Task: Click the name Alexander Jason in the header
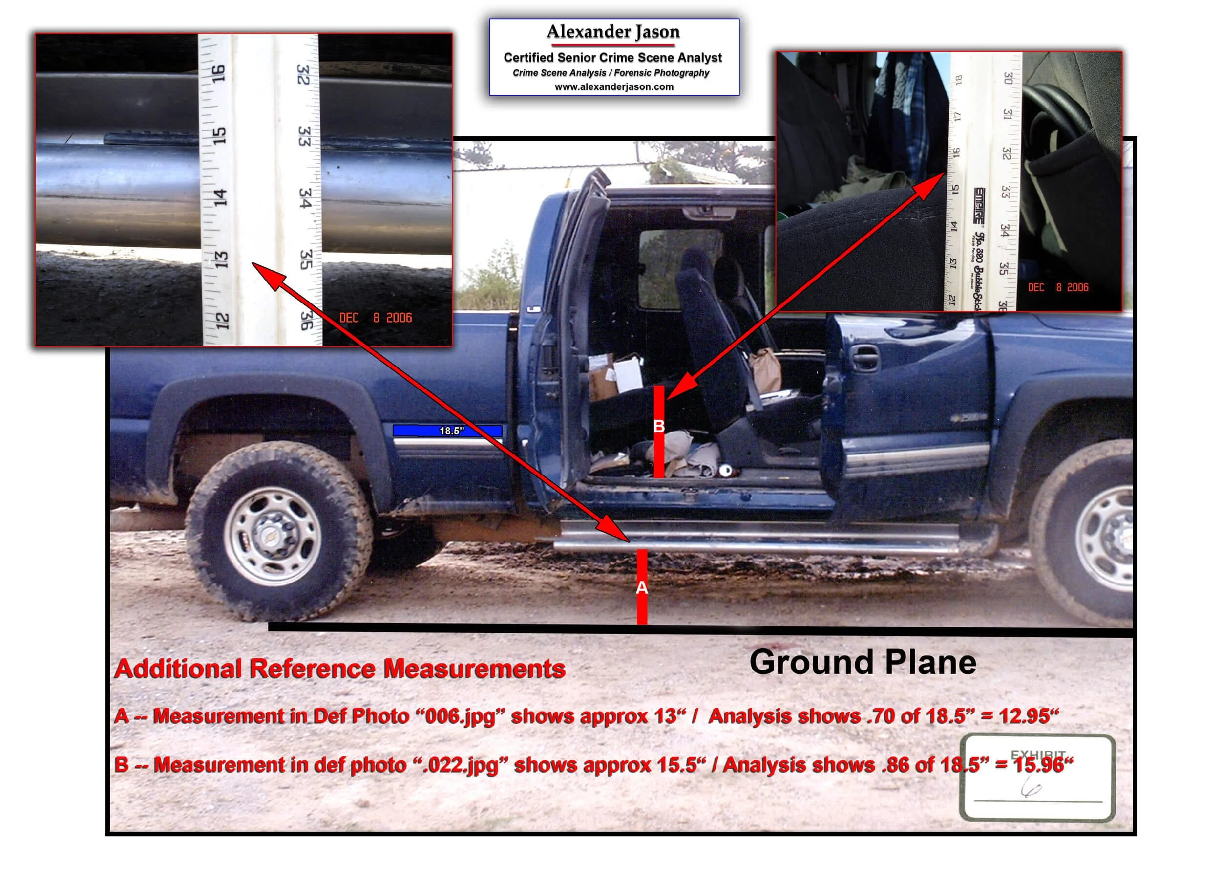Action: [613, 32]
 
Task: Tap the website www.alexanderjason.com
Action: [614, 86]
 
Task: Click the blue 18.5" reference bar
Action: [447, 431]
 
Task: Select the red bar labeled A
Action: [642, 586]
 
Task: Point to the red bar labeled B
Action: [659, 431]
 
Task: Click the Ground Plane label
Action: [863, 663]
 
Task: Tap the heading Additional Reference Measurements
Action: [340, 670]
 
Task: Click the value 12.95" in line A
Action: [1029, 716]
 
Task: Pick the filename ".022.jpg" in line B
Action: [459, 765]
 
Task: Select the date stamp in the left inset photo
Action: [375, 318]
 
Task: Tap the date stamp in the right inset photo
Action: [1058, 288]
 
